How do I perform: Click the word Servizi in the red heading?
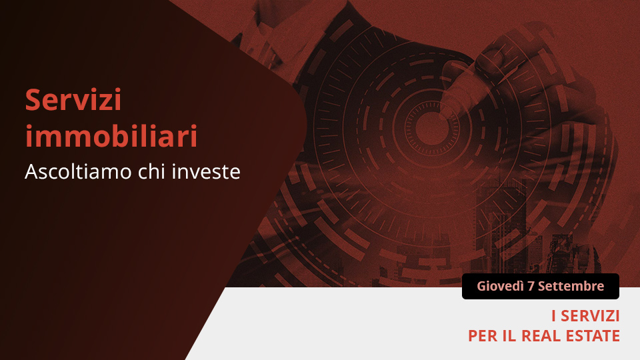73,99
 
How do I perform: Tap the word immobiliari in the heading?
111,136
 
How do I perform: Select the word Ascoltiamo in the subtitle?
79,171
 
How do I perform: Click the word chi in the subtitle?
152,171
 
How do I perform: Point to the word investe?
206,171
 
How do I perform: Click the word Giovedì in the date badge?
501,286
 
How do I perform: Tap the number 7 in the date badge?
531,286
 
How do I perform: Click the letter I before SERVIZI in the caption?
553,316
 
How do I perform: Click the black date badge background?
541,286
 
